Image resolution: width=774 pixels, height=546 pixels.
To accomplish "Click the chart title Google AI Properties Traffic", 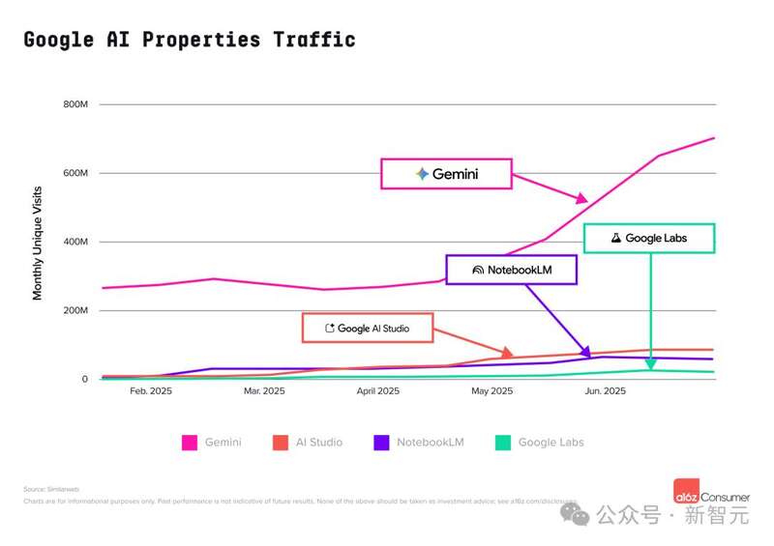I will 190,40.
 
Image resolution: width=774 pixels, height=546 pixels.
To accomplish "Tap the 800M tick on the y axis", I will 75,104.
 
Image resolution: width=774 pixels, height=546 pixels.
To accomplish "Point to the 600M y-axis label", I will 75,173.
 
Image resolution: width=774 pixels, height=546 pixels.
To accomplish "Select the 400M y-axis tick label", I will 75,242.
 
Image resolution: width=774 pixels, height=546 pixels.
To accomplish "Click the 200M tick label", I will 75,311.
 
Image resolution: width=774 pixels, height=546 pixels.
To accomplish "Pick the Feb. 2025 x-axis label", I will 150,391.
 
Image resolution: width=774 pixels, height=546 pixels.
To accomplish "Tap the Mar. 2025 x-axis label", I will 264,391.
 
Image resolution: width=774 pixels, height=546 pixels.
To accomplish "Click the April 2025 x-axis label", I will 377,391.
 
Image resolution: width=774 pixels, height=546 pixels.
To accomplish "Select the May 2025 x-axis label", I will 491,391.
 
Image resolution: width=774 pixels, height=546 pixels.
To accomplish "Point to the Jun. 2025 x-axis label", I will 606,391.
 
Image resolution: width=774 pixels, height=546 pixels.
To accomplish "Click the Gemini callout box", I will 446,174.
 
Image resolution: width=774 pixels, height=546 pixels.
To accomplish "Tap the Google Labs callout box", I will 648,238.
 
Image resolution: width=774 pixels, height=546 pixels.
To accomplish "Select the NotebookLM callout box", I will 511,270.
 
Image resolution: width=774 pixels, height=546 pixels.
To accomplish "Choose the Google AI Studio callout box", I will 367,328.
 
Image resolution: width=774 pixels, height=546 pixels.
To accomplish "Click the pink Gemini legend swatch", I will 190,443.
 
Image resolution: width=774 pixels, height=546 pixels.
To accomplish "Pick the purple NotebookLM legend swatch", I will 381,443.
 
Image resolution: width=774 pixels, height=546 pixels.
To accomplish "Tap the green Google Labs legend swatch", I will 502,443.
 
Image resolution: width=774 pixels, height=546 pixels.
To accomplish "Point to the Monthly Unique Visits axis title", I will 38,243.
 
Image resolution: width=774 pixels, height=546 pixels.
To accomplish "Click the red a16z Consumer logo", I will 689,490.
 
